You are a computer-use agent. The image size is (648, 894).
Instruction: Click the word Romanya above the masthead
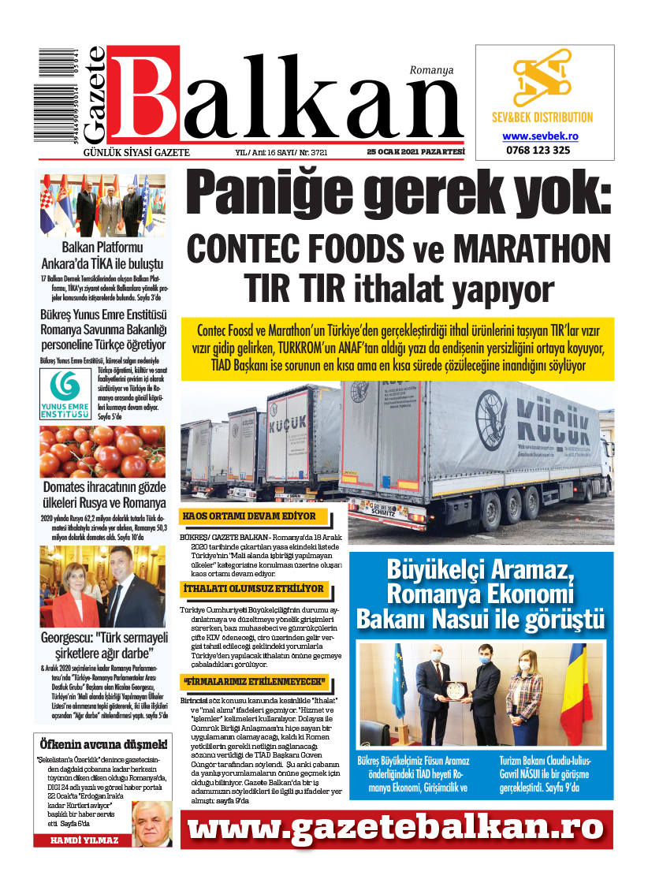click(431, 70)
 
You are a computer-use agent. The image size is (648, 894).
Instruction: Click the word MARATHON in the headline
click(532, 249)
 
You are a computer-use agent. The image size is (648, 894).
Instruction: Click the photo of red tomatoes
click(102, 451)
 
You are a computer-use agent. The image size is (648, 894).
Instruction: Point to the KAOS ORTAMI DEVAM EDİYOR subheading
click(249, 517)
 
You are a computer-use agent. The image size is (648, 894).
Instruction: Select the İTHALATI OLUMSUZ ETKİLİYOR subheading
click(253, 589)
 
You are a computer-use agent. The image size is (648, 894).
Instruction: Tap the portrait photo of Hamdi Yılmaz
click(151, 824)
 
